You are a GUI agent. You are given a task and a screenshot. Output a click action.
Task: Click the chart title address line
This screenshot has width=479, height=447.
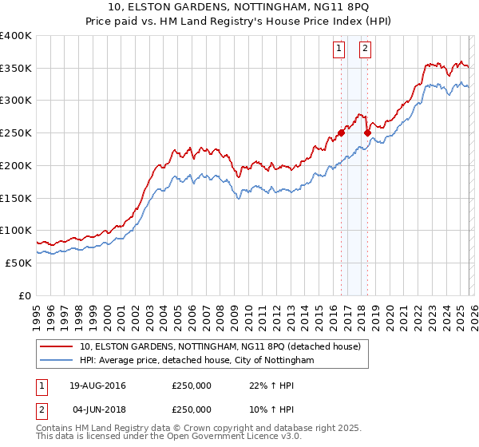click(x=239, y=7)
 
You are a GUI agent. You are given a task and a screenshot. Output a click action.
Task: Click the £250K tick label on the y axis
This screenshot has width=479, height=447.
click(x=16, y=133)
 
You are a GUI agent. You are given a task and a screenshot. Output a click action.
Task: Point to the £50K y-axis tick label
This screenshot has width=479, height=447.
click(x=18, y=263)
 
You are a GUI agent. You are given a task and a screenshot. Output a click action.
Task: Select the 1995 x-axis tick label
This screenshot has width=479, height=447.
click(x=37, y=311)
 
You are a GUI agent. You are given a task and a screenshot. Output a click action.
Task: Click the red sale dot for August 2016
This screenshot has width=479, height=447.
click(x=341, y=133)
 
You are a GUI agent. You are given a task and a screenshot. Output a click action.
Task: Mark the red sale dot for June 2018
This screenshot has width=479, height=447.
click(x=367, y=133)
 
